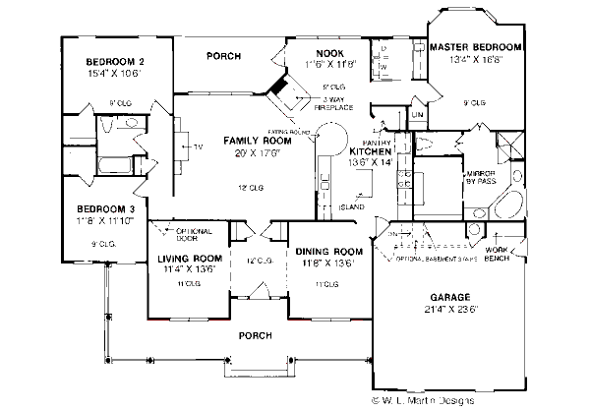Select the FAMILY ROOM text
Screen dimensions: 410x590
pos(224,140)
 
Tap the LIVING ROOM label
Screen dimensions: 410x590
pos(186,260)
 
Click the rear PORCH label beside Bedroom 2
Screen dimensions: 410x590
pos(224,56)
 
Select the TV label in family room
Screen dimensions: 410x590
pos(197,147)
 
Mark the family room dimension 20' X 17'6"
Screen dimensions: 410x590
pos(224,151)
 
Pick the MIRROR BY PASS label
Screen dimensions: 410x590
pos(481,176)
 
